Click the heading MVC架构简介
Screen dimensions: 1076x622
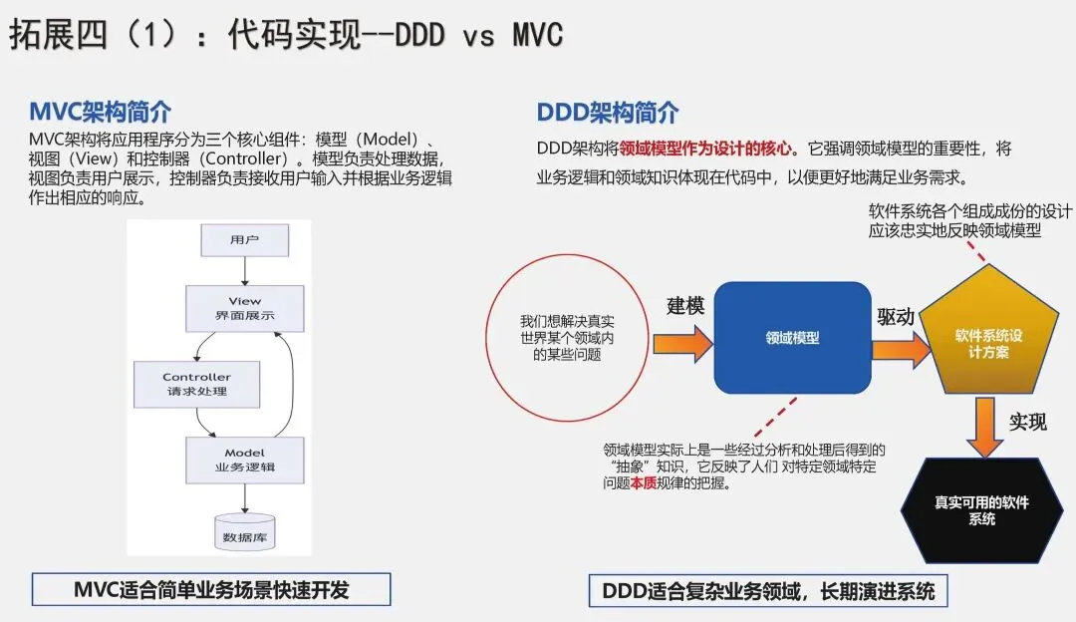pos(100,111)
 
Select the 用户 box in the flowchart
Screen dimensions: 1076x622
pos(244,240)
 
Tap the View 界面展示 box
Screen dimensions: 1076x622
pos(244,308)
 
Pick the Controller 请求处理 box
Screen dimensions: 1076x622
pos(196,384)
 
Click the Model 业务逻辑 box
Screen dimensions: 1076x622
pos(244,460)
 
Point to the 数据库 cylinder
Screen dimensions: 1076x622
pos(244,532)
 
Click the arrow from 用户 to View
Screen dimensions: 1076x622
pos(244,271)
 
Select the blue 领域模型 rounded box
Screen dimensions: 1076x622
pos(792,338)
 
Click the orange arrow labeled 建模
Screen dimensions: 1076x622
pos(683,343)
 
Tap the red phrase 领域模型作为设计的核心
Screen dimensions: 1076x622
pos(705,149)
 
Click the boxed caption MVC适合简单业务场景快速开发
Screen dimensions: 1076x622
pos(211,590)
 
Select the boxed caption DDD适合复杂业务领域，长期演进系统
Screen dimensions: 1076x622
pos(768,591)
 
